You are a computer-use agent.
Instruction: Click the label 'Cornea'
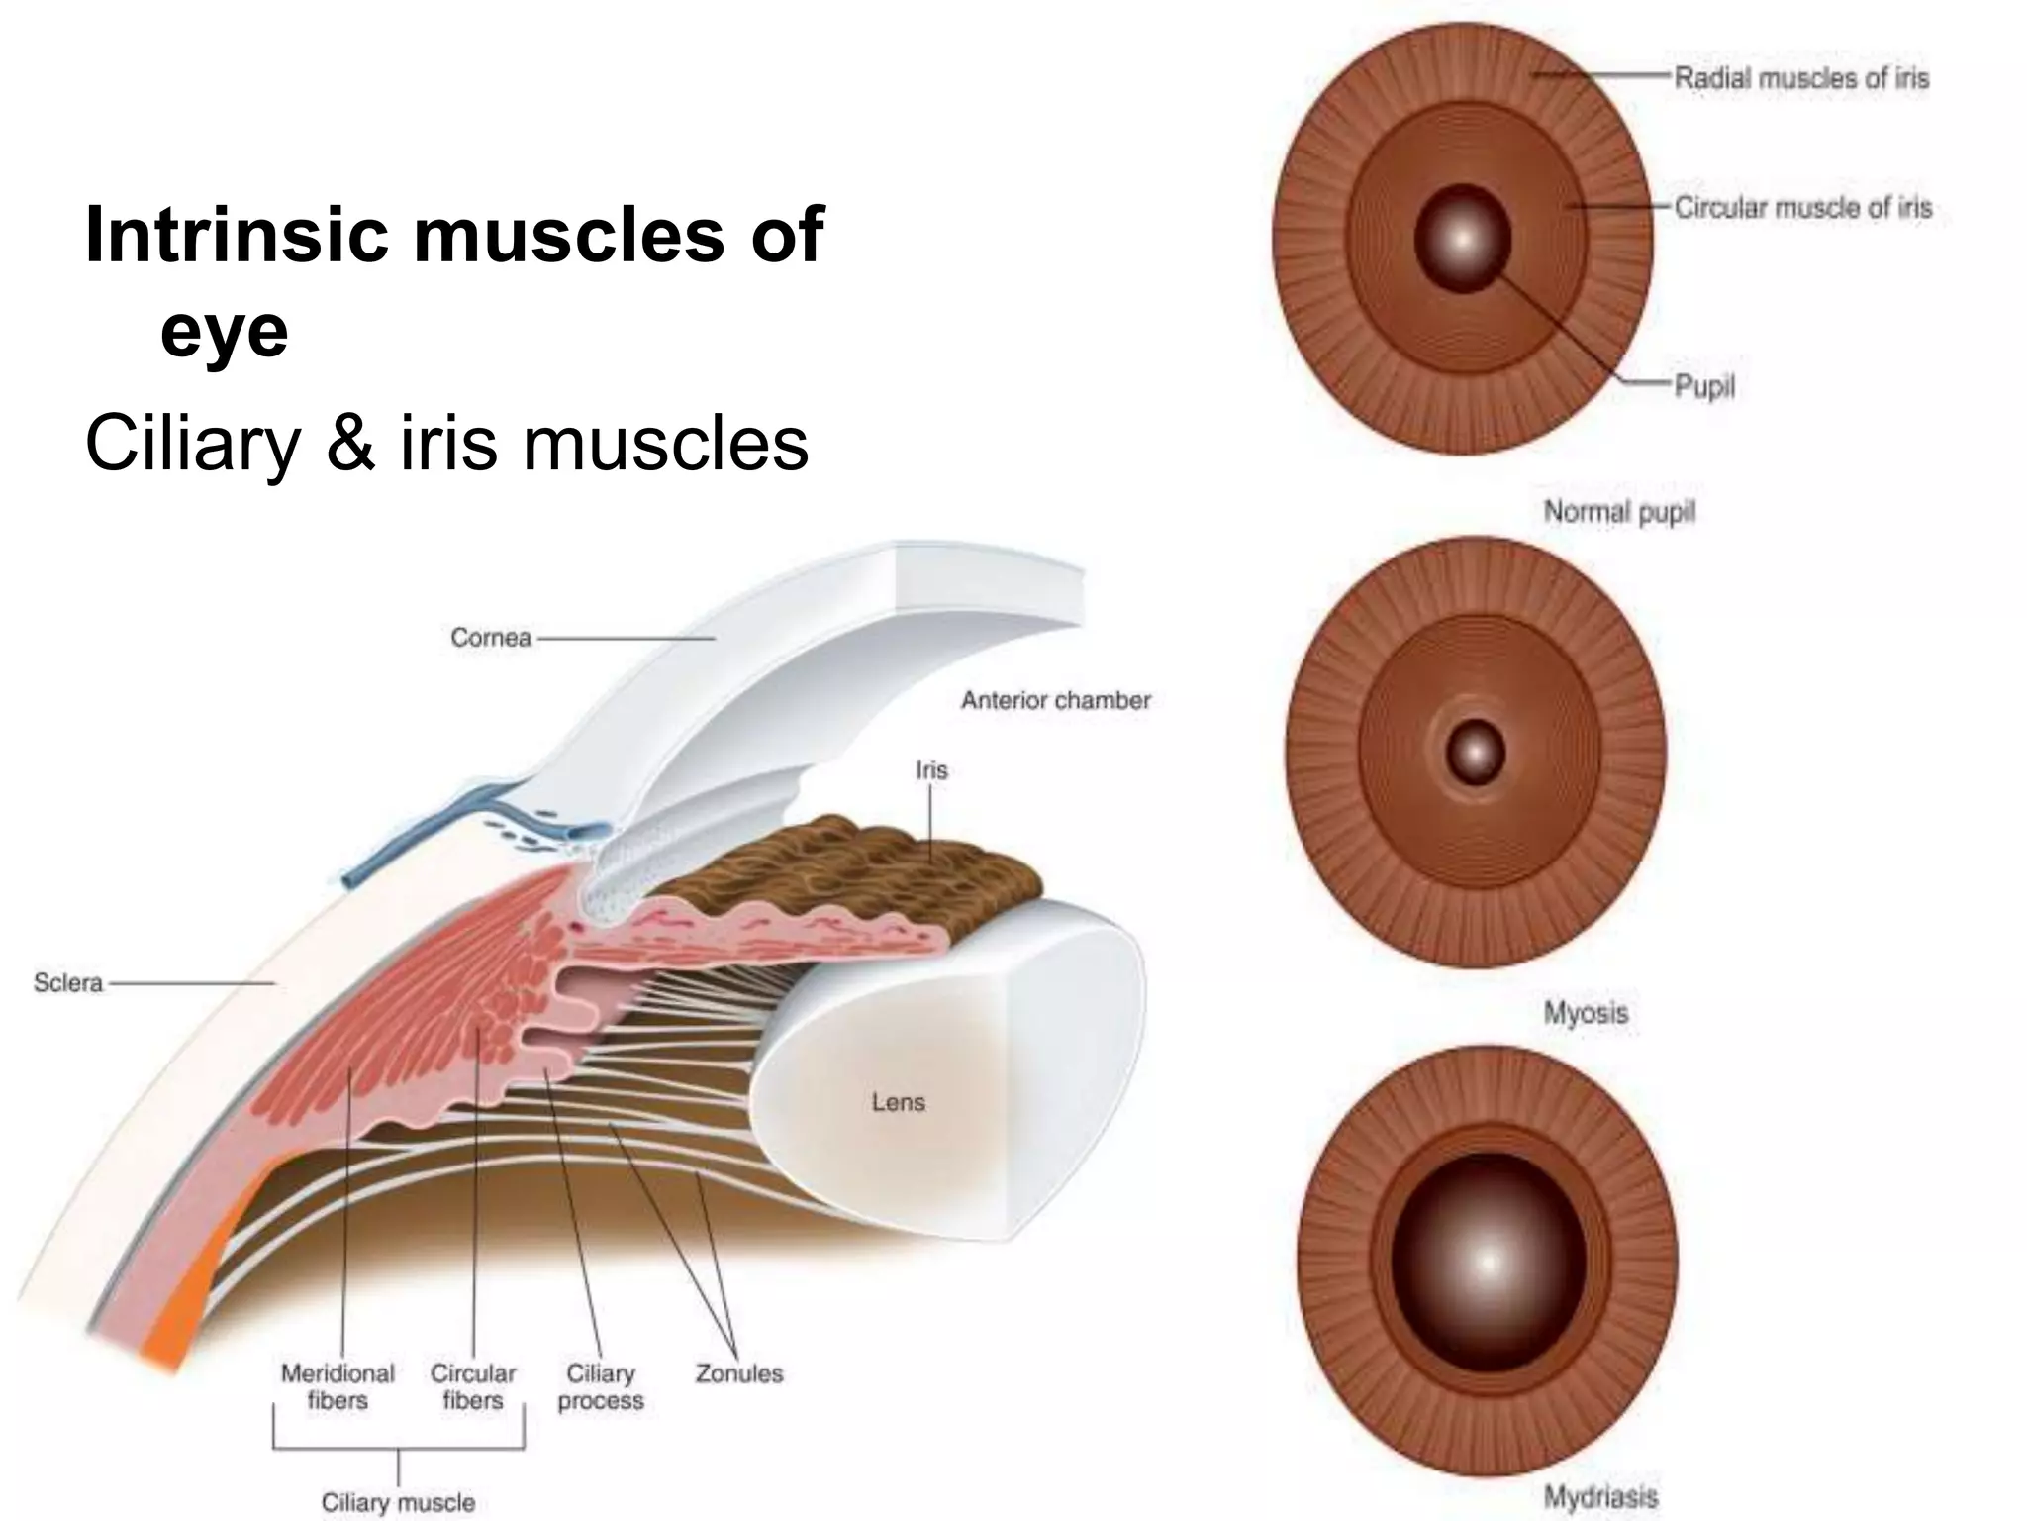tap(491, 638)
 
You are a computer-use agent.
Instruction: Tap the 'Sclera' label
tap(67, 982)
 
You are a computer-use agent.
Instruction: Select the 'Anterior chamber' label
tap(1055, 700)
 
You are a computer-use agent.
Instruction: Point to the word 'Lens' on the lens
tap(898, 1102)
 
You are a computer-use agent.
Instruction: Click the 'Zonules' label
tap(738, 1373)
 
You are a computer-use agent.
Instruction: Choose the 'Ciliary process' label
tap(600, 1386)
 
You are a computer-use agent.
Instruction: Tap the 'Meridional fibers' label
tap(338, 1386)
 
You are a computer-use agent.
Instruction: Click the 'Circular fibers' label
tap(473, 1386)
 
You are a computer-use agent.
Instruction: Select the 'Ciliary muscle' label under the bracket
tap(398, 1502)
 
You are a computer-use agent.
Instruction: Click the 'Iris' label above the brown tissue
tap(931, 769)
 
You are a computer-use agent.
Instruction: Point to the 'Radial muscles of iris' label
tap(1801, 78)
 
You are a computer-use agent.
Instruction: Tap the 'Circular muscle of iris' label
tap(1802, 208)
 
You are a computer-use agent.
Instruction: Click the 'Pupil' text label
tap(1704, 386)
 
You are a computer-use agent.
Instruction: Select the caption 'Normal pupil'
tap(1619, 512)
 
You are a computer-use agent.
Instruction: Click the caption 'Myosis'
tap(1586, 1012)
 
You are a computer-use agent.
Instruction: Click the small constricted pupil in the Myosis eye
tap(1475, 753)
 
